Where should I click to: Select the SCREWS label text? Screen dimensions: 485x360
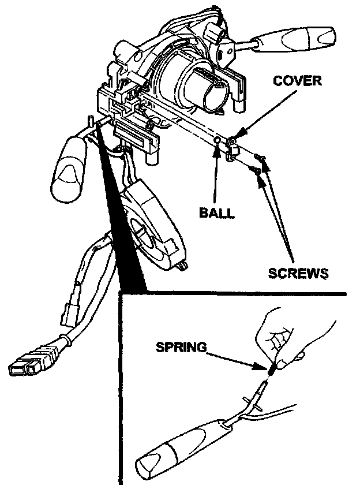[x=298, y=272]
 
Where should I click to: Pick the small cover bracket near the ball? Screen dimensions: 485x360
[x=232, y=146]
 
